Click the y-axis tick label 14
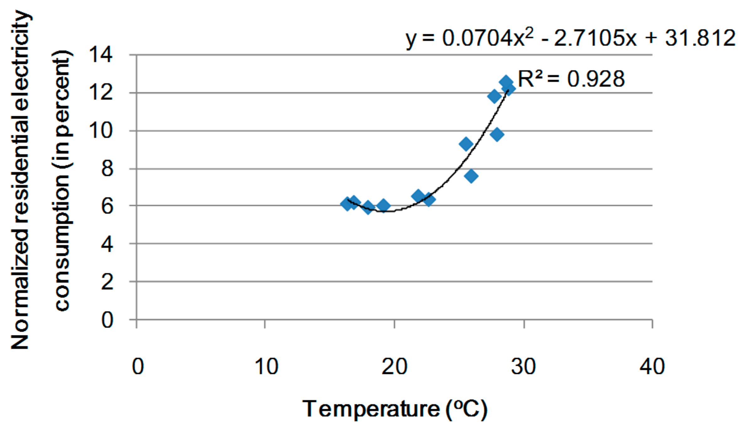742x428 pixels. (100, 55)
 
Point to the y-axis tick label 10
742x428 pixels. (100, 131)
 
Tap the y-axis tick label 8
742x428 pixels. (107, 169)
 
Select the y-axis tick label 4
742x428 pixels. (107, 244)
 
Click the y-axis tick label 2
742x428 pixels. (107, 282)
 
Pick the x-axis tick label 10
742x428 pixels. (266, 366)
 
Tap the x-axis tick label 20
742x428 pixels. (394, 366)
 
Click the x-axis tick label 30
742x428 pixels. (523, 366)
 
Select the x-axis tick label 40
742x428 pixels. (652, 366)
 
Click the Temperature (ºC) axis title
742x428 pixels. (395, 409)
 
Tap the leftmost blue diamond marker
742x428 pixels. (347, 204)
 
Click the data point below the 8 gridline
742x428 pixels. (471, 176)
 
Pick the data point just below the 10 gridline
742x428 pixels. (497, 135)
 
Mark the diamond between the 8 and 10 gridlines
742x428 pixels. (466, 144)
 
